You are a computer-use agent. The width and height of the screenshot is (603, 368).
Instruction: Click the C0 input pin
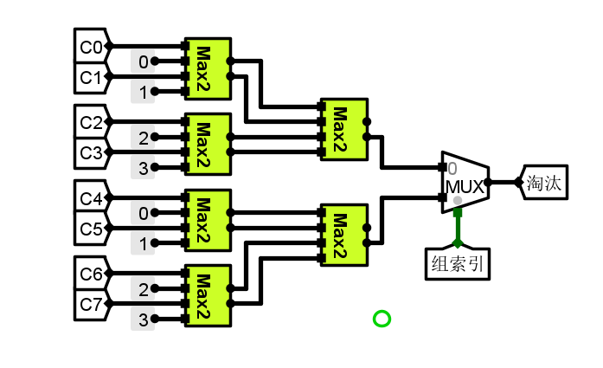[91, 46]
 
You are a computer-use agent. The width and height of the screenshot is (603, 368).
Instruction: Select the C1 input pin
[91, 77]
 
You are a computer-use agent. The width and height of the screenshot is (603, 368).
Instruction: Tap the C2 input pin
[91, 122]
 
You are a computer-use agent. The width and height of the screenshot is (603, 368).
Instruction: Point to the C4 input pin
[91, 198]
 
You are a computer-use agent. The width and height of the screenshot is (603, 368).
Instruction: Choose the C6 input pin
[91, 274]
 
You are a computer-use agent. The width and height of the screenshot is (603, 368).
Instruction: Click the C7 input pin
[91, 305]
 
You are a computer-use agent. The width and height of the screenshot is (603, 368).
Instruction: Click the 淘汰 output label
[546, 183]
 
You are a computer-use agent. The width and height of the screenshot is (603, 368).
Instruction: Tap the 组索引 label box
[458, 263]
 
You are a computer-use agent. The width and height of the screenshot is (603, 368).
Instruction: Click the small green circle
[382, 319]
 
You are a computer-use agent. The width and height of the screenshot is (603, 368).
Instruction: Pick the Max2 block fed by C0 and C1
[207, 69]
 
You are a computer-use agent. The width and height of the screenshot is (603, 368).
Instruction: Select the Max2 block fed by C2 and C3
[207, 145]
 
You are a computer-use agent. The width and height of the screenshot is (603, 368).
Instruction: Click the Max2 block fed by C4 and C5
[207, 221]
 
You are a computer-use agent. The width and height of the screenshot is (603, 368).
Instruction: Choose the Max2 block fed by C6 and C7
[207, 296]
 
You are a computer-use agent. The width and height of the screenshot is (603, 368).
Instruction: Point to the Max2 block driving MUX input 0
[343, 129]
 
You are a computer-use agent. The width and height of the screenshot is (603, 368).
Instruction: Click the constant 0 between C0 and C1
[143, 61]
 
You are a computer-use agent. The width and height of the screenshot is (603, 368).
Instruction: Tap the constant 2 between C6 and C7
[143, 289]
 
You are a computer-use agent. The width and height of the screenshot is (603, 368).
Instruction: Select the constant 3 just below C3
[143, 167]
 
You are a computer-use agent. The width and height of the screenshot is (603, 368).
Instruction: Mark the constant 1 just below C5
[143, 243]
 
